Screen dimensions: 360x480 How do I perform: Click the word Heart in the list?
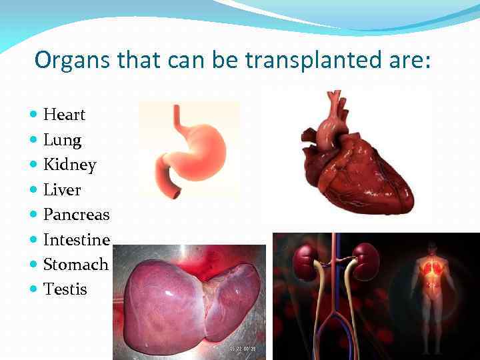[x=64, y=115]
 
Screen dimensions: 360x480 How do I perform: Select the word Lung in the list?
[x=62, y=140]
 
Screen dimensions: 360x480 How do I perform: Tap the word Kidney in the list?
[x=69, y=165]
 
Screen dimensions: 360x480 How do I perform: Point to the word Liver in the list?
[x=62, y=190]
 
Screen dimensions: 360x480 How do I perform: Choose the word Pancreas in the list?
[x=76, y=215]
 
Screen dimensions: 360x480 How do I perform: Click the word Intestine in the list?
[x=76, y=239]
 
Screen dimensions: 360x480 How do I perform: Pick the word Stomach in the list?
[x=75, y=264]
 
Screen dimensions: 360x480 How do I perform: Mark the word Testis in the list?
[x=65, y=289]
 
